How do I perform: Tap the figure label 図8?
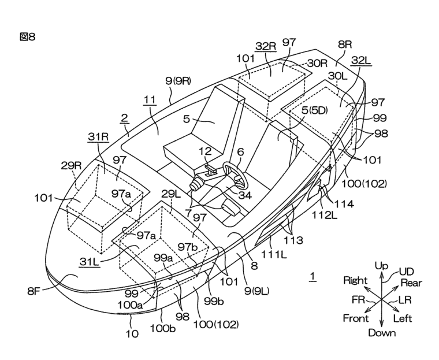coord(27,37)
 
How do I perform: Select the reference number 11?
coord(150,99)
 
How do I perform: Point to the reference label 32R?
coord(266,45)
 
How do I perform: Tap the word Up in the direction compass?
coord(381,265)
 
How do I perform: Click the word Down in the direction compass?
coord(381,332)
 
